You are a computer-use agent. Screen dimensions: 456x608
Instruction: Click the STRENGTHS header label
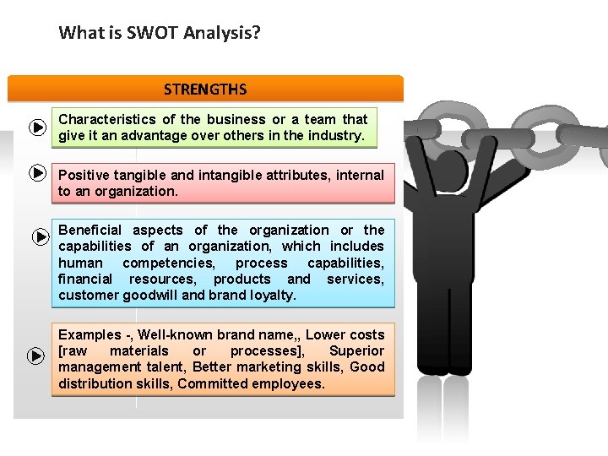(x=205, y=89)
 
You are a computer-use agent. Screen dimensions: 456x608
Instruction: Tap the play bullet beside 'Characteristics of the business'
(x=36, y=128)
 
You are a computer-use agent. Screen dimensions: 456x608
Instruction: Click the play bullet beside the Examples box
(x=36, y=356)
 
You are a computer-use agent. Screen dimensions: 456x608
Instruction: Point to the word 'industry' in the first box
(x=337, y=135)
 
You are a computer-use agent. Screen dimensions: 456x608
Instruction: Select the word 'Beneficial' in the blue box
(x=90, y=231)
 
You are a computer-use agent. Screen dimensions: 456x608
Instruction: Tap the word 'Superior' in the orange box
(x=356, y=351)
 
